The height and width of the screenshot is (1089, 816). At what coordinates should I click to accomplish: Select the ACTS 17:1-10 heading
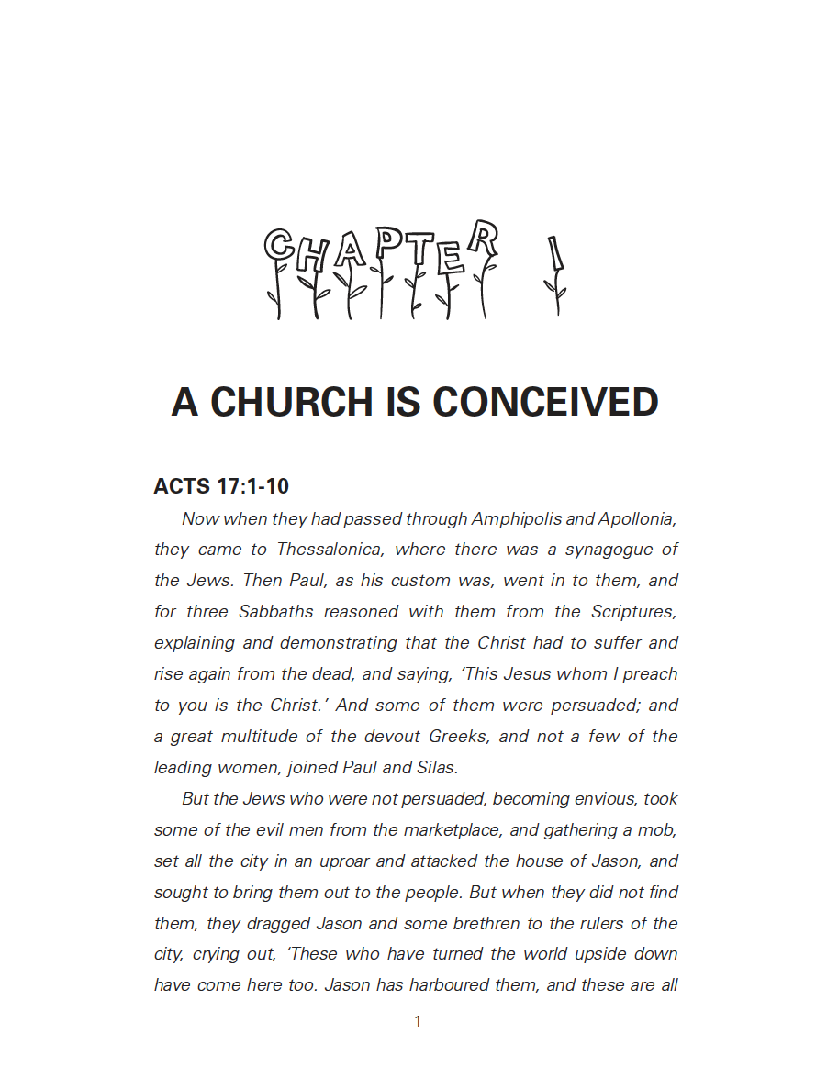(x=222, y=486)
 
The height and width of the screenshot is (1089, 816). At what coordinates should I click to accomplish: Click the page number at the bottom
(x=418, y=1021)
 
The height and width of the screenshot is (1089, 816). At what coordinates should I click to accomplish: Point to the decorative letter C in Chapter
(x=279, y=245)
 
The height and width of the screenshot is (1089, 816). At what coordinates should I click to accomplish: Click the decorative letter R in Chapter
(x=483, y=239)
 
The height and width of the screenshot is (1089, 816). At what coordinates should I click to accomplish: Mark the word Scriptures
(x=634, y=612)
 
